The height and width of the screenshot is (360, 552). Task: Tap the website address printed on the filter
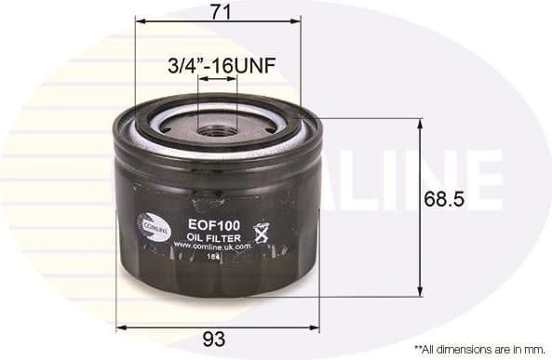[213, 247]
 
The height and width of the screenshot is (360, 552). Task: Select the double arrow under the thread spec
[219, 80]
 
